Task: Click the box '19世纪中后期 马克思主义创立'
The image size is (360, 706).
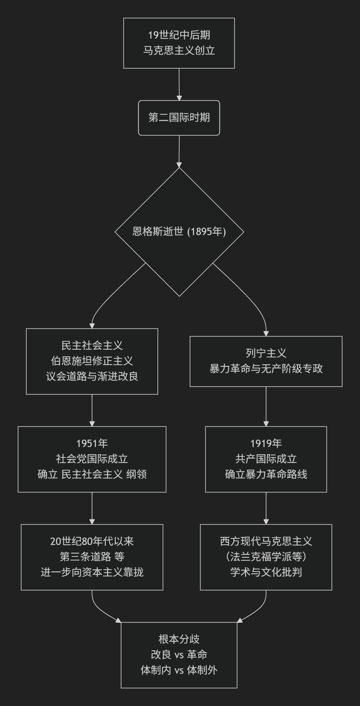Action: tap(179, 43)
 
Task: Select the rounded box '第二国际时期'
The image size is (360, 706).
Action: tap(179, 118)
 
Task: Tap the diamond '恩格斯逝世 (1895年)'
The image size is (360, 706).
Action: tap(179, 232)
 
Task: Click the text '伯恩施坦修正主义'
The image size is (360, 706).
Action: tap(92, 361)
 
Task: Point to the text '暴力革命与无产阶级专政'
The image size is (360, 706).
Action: tap(266, 369)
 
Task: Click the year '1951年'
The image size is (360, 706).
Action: tap(92, 444)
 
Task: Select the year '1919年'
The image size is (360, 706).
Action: tap(266, 444)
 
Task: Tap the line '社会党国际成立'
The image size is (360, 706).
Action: tap(92, 459)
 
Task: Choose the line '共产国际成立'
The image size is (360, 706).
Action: tap(266, 459)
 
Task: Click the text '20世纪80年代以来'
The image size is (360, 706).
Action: tap(92, 541)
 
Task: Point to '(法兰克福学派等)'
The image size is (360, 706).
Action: tap(266, 557)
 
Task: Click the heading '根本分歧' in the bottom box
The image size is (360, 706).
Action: tap(179, 639)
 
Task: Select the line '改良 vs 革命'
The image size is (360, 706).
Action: tap(179, 655)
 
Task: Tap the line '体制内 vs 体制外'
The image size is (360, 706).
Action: tap(179, 670)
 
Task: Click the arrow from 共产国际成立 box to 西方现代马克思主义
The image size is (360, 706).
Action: tap(266, 508)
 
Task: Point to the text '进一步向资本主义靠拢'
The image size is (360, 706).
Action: tap(92, 572)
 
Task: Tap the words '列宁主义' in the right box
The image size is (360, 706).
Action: tap(266, 353)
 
